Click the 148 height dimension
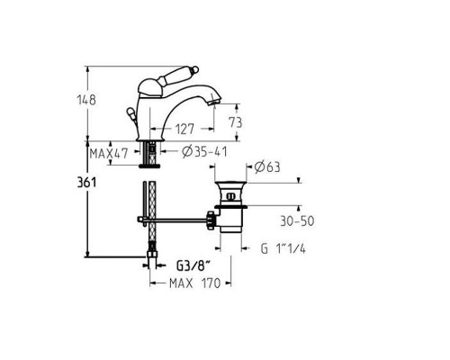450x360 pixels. pyautogui.click(x=86, y=100)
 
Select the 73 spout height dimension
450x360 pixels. pyautogui.click(x=235, y=122)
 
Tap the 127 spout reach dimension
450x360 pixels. pyautogui.click(x=184, y=130)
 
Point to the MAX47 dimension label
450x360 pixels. pyautogui.click(x=109, y=154)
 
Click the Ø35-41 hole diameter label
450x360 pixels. pyautogui.click(x=204, y=152)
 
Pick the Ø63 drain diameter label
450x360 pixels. pyautogui.click(x=267, y=166)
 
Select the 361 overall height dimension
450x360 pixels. pyautogui.click(x=87, y=182)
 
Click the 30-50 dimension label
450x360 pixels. pyautogui.click(x=297, y=221)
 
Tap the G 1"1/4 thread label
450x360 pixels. pyautogui.click(x=283, y=248)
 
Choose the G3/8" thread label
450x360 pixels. pyautogui.click(x=193, y=265)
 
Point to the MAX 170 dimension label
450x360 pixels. pyautogui.click(x=195, y=283)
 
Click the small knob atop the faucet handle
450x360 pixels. pyautogui.click(x=194, y=69)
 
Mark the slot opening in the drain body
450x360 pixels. pyautogui.click(x=230, y=196)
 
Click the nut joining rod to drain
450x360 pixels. pyautogui.click(x=211, y=220)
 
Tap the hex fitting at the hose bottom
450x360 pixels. pyautogui.click(x=152, y=256)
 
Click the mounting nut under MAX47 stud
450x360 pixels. pyautogui.click(x=149, y=166)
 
